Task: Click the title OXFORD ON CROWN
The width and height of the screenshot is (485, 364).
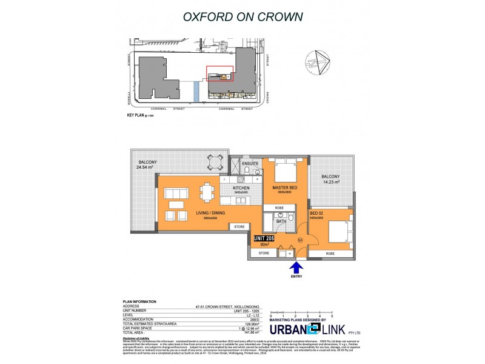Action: point(242,16)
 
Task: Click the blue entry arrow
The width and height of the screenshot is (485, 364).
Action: point(296,268)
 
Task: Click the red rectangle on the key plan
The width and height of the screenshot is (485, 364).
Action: point(220,74)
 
